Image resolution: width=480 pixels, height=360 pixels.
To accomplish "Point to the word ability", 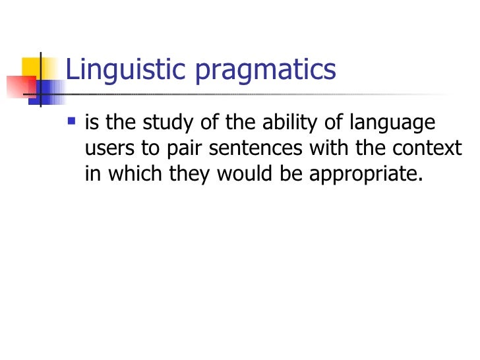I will tap(310, 125).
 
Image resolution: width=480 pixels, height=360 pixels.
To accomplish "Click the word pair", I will tap(181, 150).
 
